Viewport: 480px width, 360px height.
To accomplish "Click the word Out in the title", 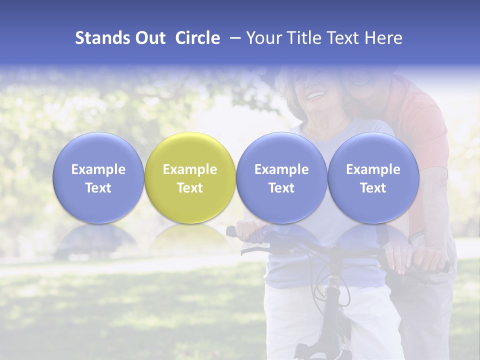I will [149, 38].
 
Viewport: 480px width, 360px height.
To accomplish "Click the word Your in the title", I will [263, 38].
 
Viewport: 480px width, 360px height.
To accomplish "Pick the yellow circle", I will [190, 177].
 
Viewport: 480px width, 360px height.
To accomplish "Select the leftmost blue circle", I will [98, 177].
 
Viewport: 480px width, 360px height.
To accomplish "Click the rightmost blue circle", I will [373, 177].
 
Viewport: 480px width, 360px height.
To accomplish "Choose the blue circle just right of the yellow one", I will [281, 177].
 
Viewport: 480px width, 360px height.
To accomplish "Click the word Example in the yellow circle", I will [190, 169].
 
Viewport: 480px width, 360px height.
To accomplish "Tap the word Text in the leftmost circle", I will [98, 188].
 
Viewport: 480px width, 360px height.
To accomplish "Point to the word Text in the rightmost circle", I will [373, 188].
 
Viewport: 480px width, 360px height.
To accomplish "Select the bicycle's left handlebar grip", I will [231, 232].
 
